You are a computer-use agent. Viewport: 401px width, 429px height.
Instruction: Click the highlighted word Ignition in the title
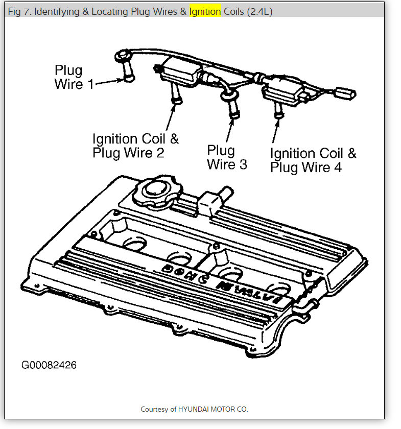pos(205,11)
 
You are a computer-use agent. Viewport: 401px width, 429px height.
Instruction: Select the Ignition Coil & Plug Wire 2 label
pos(135,146)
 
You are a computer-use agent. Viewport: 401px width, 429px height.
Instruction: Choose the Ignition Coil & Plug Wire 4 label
pos(313,160)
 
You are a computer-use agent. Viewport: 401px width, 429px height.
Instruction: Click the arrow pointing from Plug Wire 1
pos(108,82)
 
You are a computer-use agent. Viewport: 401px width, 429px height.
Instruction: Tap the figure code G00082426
pos(49,365)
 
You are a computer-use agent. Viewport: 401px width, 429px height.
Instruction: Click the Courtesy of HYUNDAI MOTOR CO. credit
pos(194,409)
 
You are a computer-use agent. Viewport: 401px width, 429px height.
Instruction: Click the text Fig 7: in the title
pos(19,11)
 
